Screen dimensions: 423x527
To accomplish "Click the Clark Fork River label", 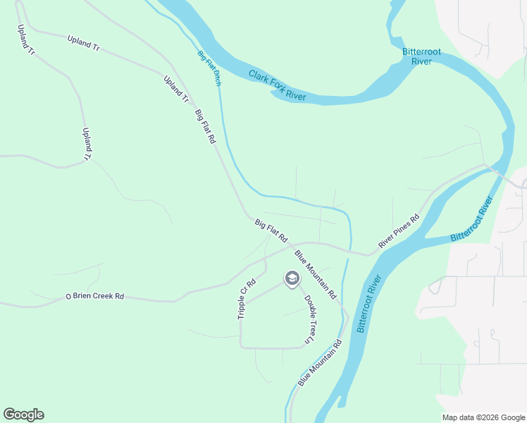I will [277, 85].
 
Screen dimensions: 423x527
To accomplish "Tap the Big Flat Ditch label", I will [209, 68].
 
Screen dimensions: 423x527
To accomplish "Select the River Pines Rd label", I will [398, 231].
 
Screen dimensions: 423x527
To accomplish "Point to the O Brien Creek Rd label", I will [94, 296].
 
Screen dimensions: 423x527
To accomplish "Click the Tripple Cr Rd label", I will [246, 298].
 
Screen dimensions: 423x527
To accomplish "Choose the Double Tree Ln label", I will [309, 318].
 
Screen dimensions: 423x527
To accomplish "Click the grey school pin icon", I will [291, 279].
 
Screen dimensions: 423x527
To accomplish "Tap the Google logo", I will [23, 415].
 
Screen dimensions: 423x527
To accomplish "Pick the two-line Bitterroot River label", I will [416, 56].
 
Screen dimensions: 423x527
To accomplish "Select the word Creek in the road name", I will [99, 296].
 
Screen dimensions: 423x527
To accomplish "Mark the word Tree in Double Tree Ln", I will [310, 321].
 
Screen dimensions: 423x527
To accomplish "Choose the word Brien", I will [80, 296].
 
